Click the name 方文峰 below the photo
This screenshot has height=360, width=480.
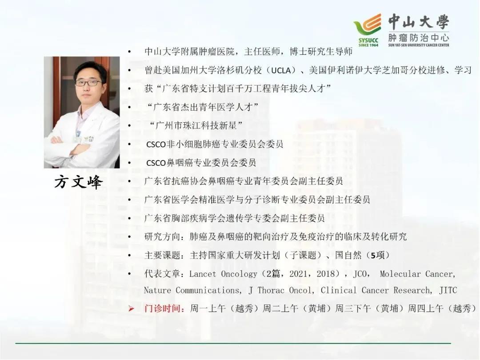click(78, 182)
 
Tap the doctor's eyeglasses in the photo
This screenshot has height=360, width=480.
click(88, 83)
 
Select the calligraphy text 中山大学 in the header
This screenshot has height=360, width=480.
click(419, 22)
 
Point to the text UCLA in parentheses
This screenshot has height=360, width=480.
click(281, 70)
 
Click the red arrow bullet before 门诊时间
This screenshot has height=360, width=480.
click(131, 308)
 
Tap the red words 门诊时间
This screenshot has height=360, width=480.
click(162, 308)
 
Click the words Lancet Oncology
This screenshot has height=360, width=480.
click(223, 274)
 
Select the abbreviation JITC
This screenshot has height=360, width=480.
click(448, 290)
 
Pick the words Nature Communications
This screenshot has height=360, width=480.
click(192, 290)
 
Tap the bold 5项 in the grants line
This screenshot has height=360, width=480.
click(377, 255)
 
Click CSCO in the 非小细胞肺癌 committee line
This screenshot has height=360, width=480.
click(156, 144)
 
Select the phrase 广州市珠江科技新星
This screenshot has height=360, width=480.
click(196, 125)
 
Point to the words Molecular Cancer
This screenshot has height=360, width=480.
click(417, 274)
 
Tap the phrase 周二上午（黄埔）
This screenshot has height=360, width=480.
click(299, 308)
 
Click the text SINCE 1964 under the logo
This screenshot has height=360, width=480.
click(368, 45)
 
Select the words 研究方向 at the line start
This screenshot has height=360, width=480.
click(162, 236)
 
